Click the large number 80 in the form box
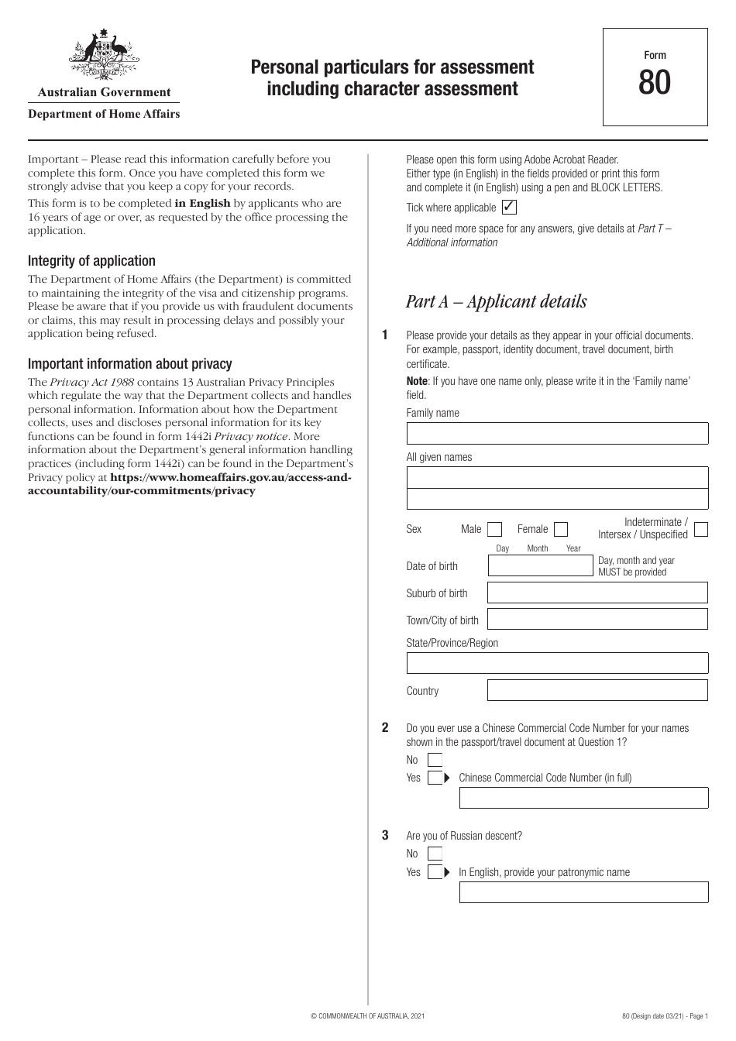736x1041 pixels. coord(655,82)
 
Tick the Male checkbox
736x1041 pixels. coord(494,530)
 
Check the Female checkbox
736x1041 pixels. coord(562,530)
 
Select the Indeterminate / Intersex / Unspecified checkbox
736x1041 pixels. coord(701,530)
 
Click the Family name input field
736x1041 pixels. coord(557,434)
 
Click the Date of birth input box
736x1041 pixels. coord(540,566)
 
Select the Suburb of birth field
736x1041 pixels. coord(597,593)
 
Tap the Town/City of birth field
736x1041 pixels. coord(597,620)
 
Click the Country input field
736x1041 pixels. coord(597,691)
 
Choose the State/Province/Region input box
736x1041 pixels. coord(557,664)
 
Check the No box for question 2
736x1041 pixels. coord(435,761)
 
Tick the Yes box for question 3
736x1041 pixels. coord(435,872)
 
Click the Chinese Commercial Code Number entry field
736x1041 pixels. coord(583,799)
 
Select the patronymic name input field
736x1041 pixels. coord(583,893)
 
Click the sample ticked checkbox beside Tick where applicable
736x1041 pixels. coord(509,208)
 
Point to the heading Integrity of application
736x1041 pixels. coord(91,261)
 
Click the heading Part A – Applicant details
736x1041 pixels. coord(496,301)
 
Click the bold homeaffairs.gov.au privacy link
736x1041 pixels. coord(190,485)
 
